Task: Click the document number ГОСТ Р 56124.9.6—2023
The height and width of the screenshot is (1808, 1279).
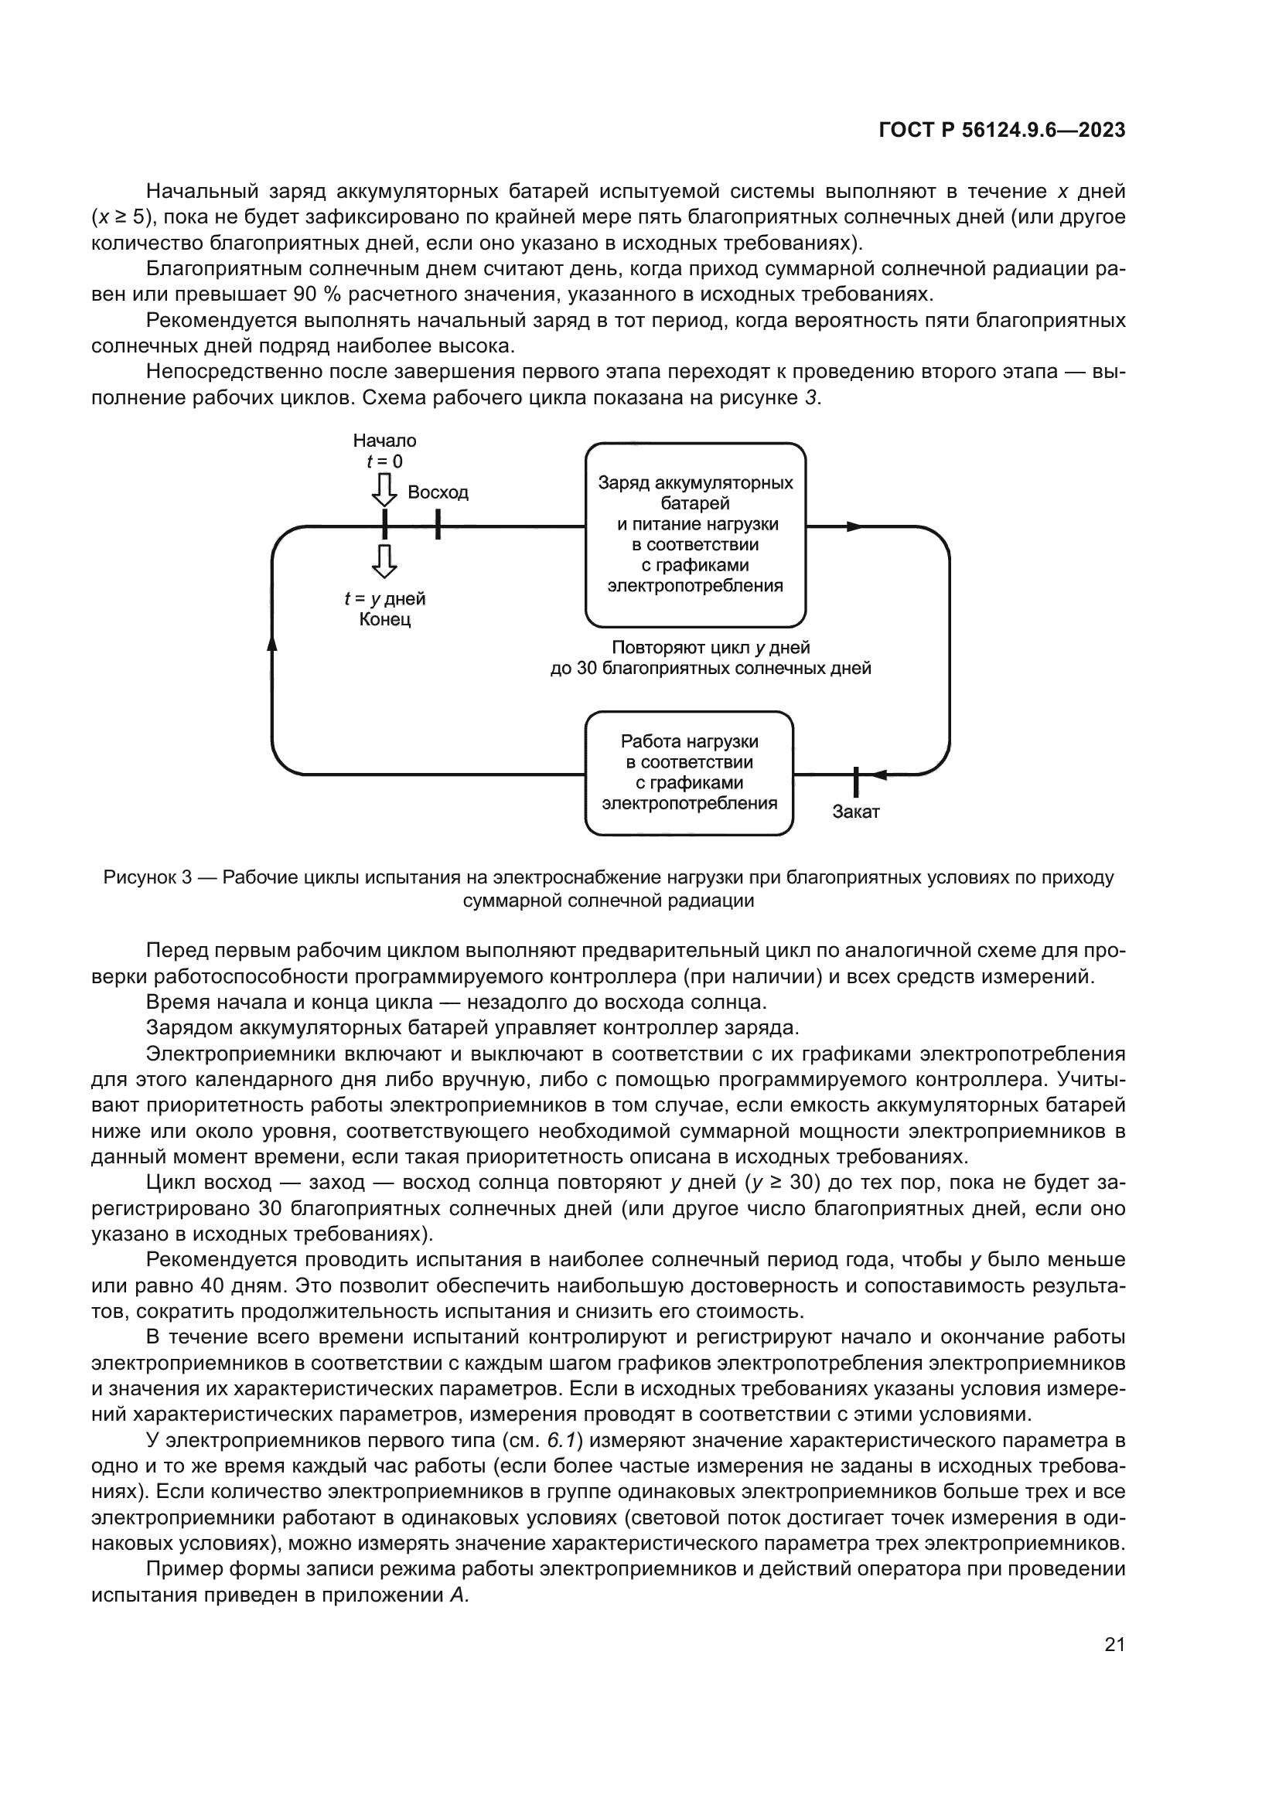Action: (1001, 130)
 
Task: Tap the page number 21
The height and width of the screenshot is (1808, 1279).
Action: (1114, 1644)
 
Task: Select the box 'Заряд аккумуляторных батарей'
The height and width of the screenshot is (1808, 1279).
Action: (694, 534)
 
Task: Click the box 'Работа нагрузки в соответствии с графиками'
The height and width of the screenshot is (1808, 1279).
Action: (688, 772)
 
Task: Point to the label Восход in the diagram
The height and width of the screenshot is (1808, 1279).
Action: (438, 492)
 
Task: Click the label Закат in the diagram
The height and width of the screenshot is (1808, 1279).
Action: (855, 812)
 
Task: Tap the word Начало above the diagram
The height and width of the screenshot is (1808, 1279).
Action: (384, 440)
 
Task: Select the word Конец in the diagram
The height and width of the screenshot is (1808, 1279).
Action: (384, 620)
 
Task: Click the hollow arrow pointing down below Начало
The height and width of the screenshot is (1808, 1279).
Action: (384, 490)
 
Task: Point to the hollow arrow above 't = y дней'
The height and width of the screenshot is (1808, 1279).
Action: (384, 560)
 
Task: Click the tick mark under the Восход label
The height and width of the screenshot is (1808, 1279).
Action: (438, 524)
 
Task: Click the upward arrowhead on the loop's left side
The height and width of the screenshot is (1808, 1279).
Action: (272, 643)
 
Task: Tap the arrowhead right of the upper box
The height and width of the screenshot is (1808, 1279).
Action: (855, 526)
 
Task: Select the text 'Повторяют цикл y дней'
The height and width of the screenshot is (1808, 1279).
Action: (711, 647)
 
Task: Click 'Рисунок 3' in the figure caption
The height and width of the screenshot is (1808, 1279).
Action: (147, 877)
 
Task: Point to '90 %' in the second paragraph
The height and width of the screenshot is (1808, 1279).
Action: (314, 295)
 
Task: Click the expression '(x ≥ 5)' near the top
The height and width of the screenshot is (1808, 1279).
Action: (121, 217)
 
